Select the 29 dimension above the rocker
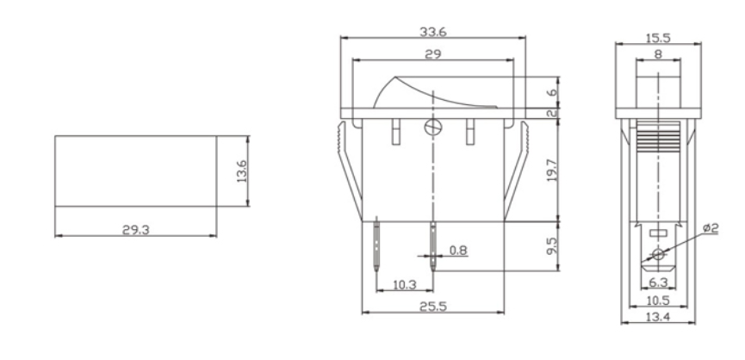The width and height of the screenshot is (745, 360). point(434,54)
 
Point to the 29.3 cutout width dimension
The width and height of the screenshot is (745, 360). point(134,229)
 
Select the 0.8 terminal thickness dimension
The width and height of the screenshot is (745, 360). point(459,251)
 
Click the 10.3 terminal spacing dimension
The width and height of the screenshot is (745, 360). point(404,283)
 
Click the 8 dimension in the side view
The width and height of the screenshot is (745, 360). point(658,54)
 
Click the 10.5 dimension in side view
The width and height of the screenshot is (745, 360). point(658,301)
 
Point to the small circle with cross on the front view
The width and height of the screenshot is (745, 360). point(432,127)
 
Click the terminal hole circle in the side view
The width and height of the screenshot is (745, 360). point(658,255)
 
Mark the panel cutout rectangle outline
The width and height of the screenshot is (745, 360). point(135,171)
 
